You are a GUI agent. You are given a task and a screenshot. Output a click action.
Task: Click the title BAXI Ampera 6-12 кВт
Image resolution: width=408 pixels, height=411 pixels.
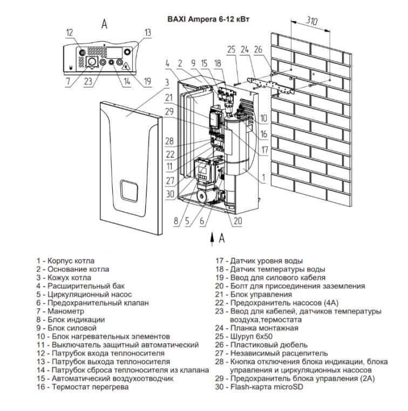tap(208, 19)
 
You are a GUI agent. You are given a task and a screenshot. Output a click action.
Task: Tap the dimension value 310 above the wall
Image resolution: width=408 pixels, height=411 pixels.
tap(311, 21)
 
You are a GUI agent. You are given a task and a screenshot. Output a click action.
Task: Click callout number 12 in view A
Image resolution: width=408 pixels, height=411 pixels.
tap(70, 32)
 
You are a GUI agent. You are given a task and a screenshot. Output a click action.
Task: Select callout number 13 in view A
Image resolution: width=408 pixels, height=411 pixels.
tap(148, 32)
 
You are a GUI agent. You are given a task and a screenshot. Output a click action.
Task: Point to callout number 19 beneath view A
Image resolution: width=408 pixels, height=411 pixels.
tap(148, 81)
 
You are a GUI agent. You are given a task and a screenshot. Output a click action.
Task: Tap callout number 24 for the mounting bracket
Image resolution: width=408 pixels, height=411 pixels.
tap(244, 50)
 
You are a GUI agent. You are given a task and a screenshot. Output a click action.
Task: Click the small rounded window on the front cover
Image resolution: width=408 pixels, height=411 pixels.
tap(129, 191)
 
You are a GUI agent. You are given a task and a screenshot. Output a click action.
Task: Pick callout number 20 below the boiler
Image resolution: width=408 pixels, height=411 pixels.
tap(238, 221)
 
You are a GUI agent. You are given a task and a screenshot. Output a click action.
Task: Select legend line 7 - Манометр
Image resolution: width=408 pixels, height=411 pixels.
tap(60, 311)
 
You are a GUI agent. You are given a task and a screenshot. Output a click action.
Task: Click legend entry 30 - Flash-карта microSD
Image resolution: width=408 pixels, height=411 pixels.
tap(259, 387)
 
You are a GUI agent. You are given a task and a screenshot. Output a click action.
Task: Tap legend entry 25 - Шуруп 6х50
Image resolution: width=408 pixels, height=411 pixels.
tap(244, 336)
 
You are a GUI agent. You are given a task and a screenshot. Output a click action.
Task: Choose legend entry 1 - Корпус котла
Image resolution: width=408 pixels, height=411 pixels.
tap(65, 261)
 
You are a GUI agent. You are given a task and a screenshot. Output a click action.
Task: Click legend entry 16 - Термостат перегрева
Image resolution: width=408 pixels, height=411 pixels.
tap(83, 387)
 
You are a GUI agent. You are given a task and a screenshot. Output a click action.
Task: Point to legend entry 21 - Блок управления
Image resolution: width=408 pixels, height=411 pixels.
tap(254, 294)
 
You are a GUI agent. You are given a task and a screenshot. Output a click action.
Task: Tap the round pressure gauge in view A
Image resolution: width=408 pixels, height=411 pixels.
tap(92, 62)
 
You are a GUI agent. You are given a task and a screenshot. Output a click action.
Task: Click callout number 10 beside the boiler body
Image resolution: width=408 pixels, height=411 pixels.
tap(263, 118)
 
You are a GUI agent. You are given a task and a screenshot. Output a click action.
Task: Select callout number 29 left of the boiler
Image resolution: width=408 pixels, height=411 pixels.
tap(169, 111)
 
